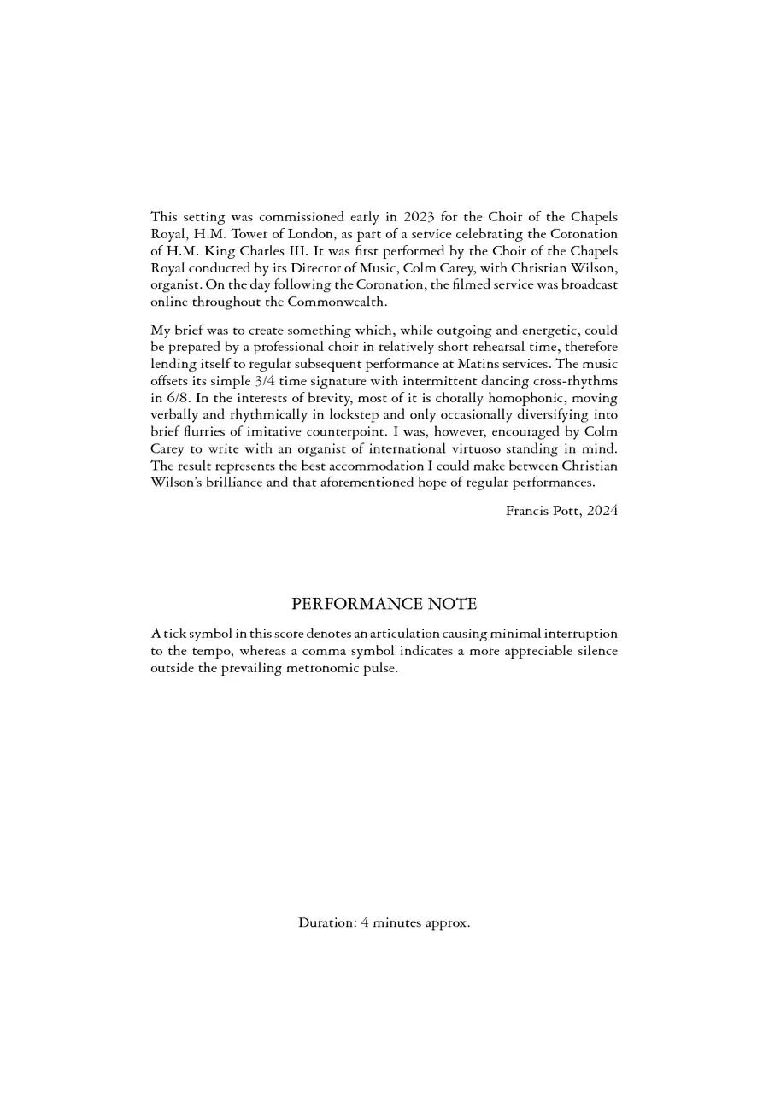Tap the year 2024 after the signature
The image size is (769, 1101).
coord(602,511)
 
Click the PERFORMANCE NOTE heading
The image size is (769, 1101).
coord(384,604)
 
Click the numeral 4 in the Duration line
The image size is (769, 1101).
coord(365,923)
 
